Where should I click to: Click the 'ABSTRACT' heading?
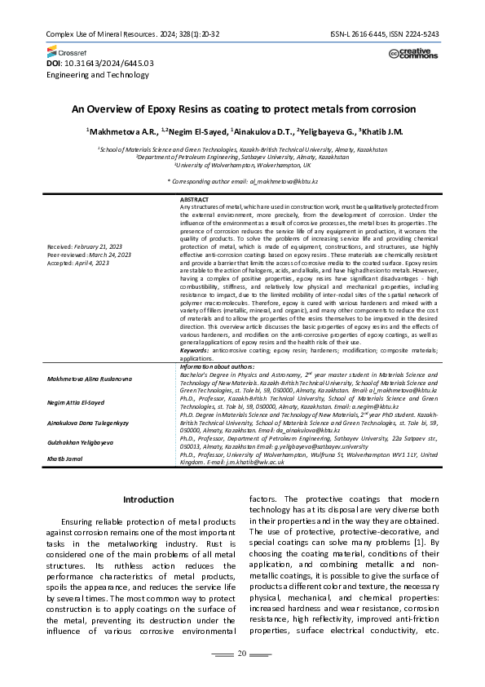click(193, 200)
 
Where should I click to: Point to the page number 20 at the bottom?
click(242, 653)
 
